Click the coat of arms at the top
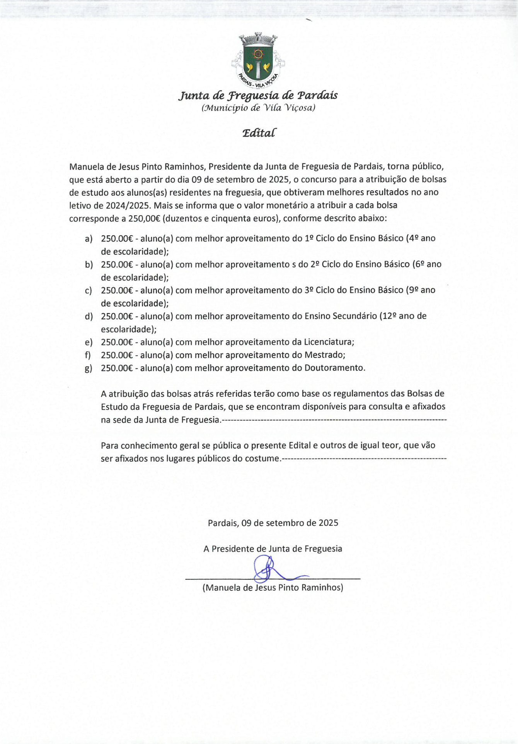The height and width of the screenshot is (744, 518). [258, 60]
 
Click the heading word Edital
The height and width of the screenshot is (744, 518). [259, 133]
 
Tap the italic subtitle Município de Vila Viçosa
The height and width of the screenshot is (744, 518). [258, 108]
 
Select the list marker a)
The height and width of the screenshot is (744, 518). [89, 239]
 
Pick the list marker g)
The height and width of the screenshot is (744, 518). [89, 368]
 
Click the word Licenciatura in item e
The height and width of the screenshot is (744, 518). [329, 342]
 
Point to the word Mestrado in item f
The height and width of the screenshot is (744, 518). [324, 355]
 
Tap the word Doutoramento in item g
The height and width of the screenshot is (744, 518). [334, 368]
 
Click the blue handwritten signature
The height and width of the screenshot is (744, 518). [267, 569]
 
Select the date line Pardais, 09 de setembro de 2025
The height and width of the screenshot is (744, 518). [273, 523]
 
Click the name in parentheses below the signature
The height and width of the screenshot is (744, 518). [273, 588]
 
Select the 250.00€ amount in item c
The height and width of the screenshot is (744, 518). [117, 290]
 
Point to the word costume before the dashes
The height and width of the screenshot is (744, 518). [262, 459]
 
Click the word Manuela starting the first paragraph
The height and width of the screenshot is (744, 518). [86, 167]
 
